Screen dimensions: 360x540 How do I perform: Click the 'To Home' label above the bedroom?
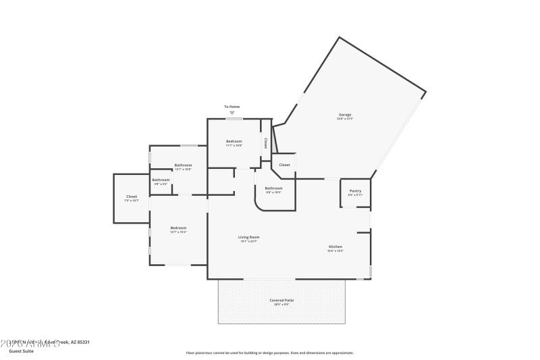coord(232,107)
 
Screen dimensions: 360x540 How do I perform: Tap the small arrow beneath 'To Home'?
coord(232,113)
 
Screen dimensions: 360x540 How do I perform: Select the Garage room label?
coord(344,115)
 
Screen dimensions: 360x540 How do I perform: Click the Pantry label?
coord(355,191)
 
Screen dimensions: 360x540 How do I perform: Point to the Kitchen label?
coord(335,247)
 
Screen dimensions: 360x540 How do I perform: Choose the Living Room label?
coord(248,238)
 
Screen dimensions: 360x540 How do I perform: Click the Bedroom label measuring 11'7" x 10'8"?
coord(234,142)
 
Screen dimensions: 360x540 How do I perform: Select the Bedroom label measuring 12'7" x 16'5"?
coord(178,228)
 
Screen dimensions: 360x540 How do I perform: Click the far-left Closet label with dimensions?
coord(132,197)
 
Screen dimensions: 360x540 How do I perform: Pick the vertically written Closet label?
coord(266,143)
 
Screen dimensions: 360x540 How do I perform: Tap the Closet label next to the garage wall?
coord(284,165)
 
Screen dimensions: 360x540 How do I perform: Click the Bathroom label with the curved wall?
coord(273,188)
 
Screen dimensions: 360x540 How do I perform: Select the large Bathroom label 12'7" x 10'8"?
coord(183,166)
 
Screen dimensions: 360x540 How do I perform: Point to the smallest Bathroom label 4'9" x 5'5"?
coord(161,180)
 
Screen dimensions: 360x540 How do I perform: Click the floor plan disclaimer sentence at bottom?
coord(269,353)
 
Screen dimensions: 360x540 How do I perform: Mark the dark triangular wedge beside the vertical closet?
coord(275,138)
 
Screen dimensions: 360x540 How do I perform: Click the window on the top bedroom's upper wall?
coord(234,119)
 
